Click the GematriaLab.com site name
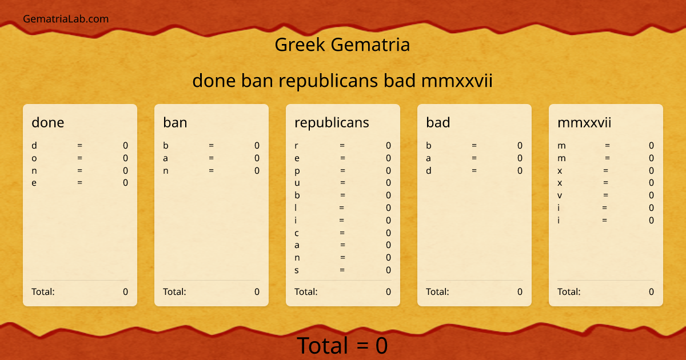[66, 19]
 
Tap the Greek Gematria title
[342, 45]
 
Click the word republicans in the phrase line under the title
[329, 81]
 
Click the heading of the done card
[48, 122]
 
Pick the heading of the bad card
[438, 122]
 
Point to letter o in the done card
[34, 158]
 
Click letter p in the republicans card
[297, 171]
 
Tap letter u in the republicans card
[297, 183]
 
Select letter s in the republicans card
[297, 270]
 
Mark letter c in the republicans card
[297, 233]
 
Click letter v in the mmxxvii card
[560, 195]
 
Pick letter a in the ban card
[166, 158]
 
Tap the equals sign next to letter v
[605, 195]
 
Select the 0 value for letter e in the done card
[125, 183]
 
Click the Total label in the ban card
[174, 292]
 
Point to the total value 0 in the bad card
[520, 292]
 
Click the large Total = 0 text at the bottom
[342, 346]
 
